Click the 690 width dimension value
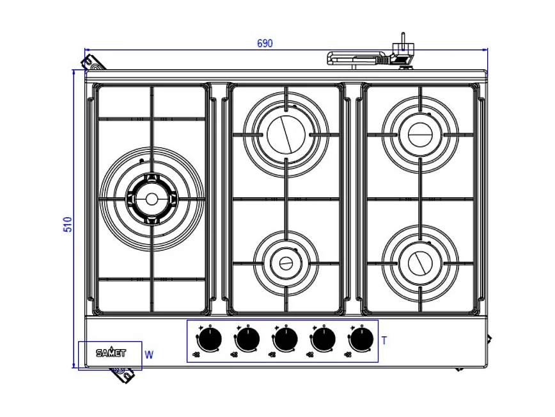[265, 44]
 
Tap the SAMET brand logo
[111, 352]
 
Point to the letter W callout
[149, 354]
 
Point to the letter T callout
[384, 341]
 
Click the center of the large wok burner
[152, 199]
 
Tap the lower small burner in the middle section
[286, 262]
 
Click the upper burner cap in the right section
[420, 135]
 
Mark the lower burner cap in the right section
[419, 262]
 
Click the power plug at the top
[403, 48]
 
